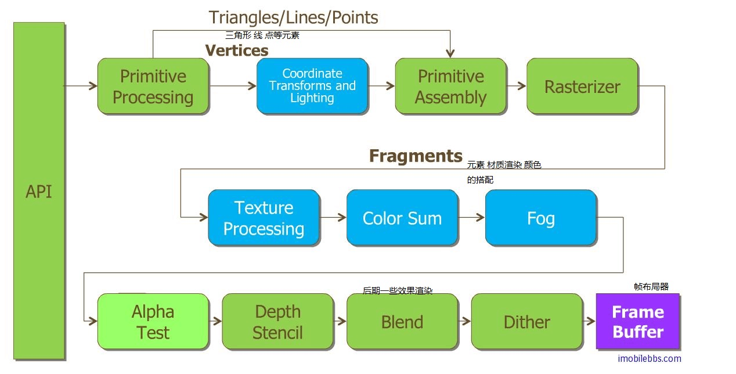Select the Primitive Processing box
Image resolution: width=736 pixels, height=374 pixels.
point(153,86)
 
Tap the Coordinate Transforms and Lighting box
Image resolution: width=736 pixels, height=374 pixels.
point(312,86)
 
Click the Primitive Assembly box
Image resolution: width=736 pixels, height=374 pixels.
point(450,86)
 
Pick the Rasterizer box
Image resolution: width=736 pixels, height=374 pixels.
point(582,86)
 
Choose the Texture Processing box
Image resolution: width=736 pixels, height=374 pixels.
point(264,217)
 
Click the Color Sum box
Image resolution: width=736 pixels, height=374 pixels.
point(402,217)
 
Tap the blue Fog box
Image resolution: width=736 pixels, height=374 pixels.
point(540,217)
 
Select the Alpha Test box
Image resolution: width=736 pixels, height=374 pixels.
point(153,321)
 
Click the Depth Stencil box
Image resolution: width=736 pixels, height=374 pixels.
point(277,321)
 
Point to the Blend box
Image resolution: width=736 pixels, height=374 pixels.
point(402,321)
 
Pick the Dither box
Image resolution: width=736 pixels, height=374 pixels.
point(526,321)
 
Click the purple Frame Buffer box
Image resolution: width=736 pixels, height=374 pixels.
point(637,321)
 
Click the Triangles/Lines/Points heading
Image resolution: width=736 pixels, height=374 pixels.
point(293,17)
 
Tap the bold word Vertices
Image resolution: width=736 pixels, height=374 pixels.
point(237,51)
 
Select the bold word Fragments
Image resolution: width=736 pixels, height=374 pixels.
point(416,156)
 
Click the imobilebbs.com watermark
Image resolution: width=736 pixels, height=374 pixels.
point(650,358)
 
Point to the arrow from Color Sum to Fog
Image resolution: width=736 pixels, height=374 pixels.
point(471,217)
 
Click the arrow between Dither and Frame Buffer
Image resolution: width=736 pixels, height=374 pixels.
point(589,321)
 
